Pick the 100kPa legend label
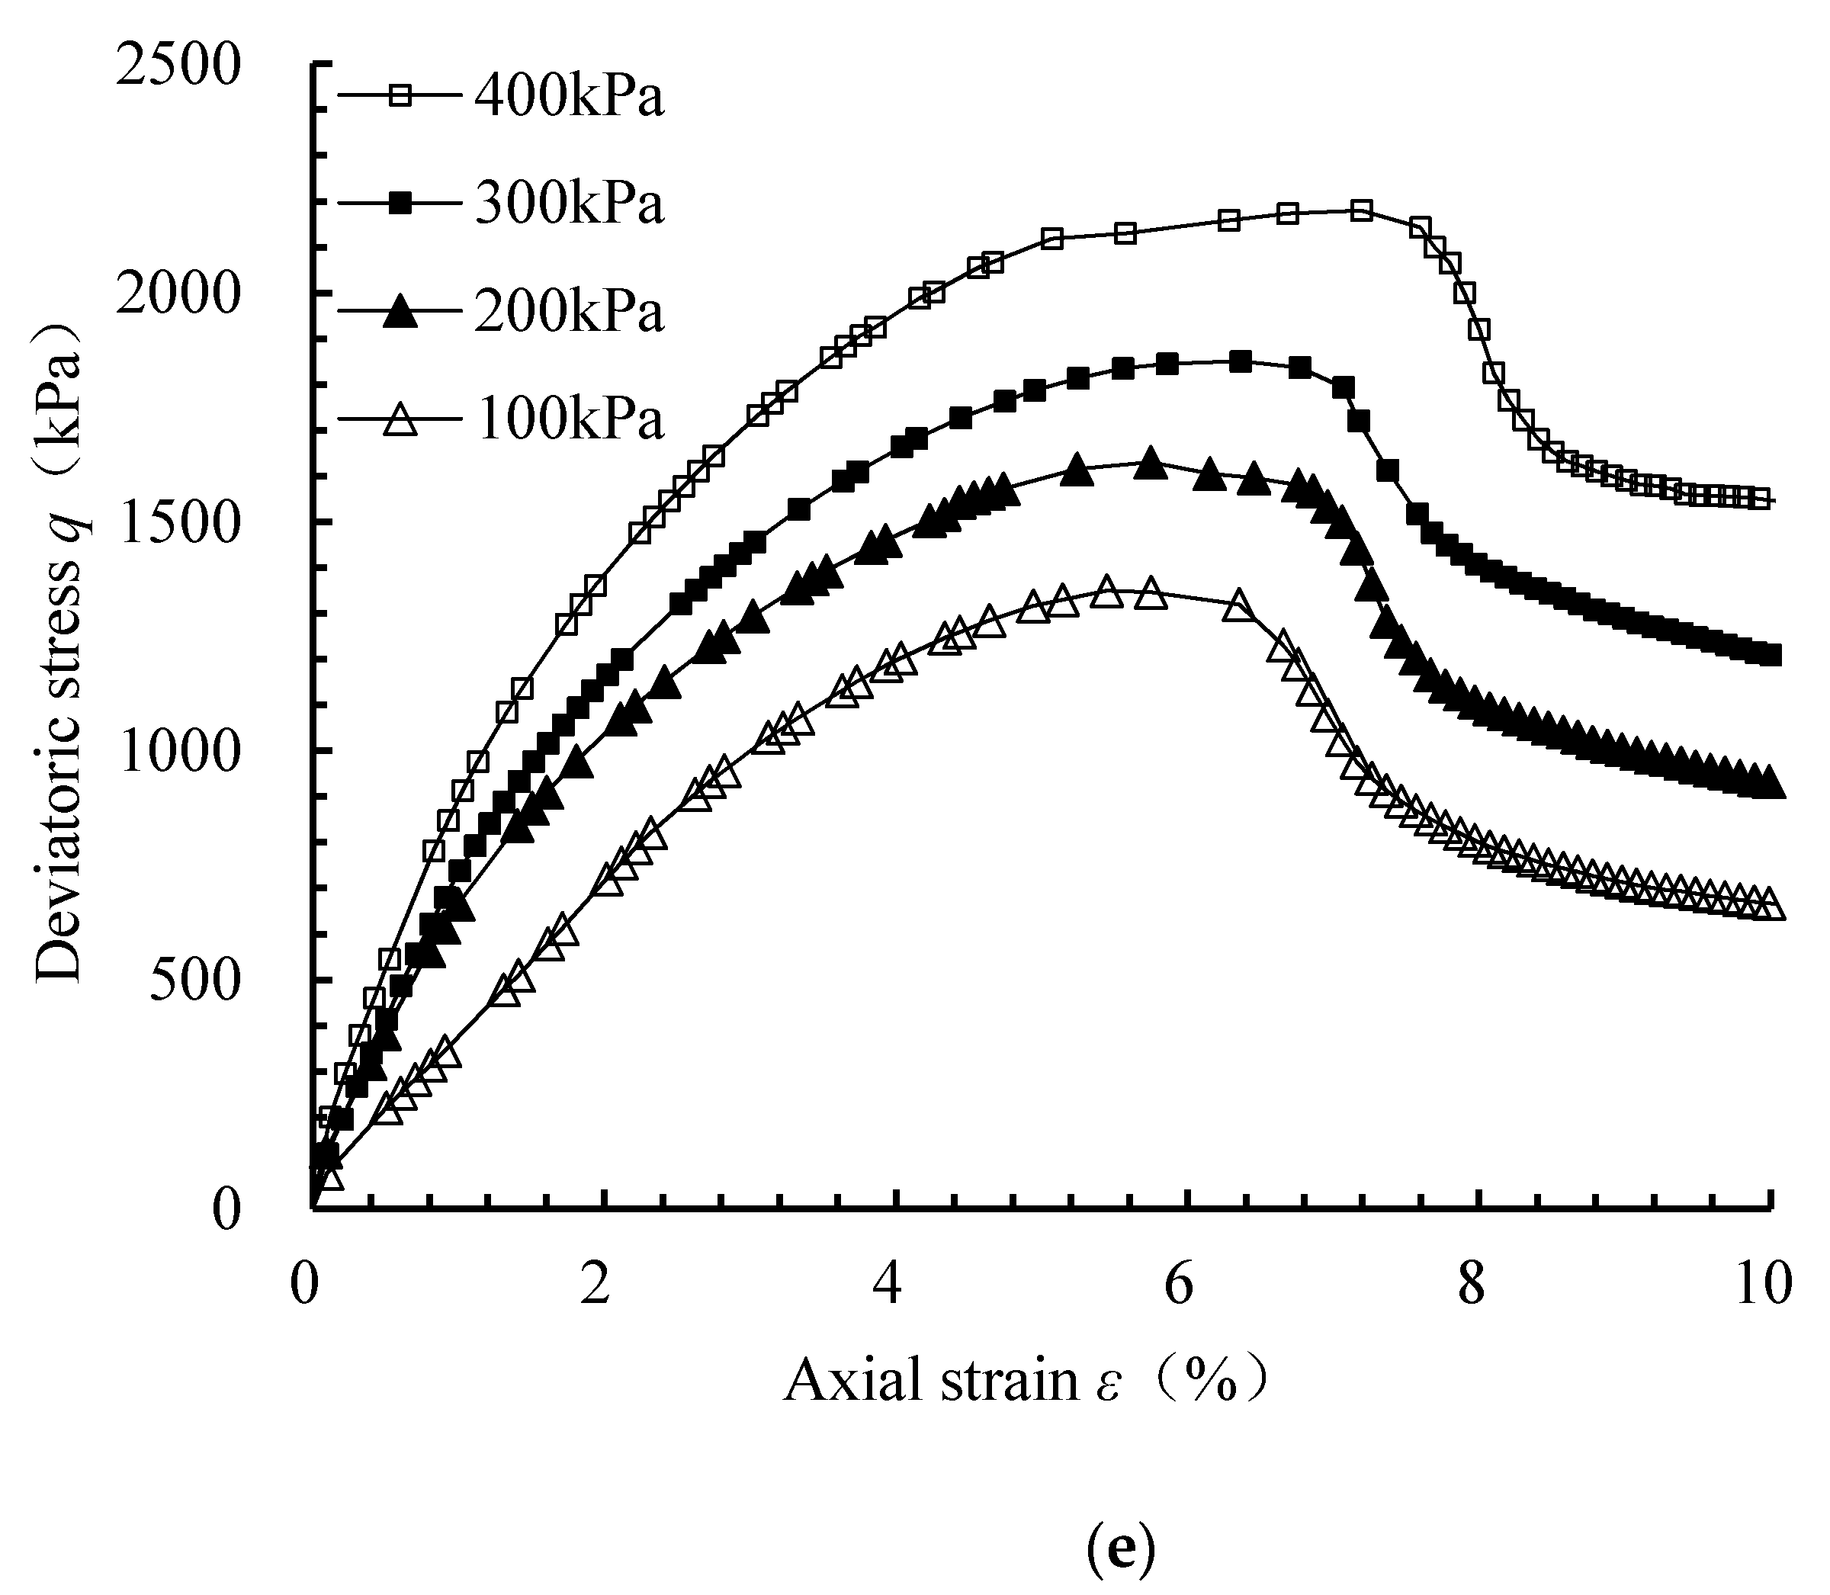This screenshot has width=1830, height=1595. tap(569, 419)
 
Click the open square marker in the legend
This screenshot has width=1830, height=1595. tap(401, 95)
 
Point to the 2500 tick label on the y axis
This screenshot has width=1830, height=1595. tap(178, 67)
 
